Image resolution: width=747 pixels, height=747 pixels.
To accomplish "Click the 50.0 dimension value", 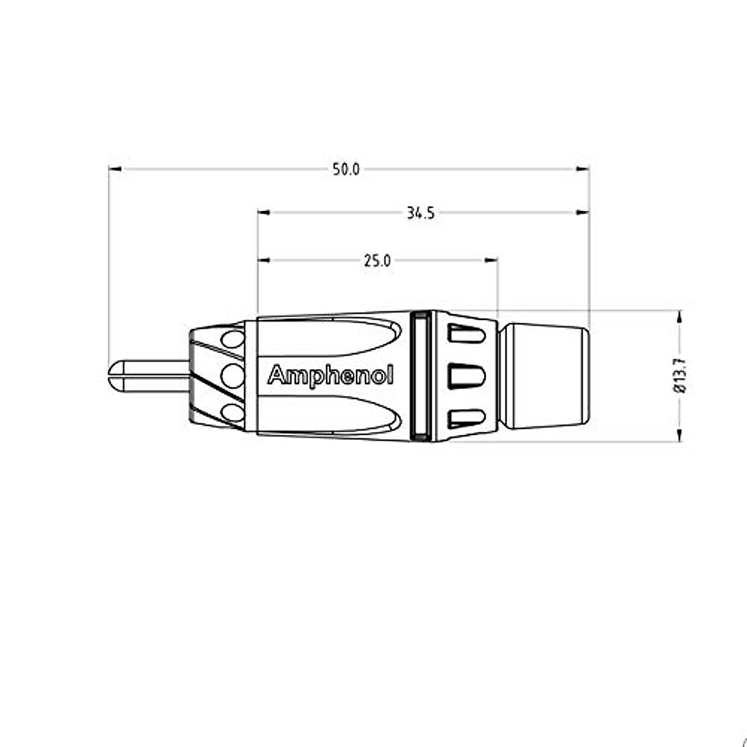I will tap(345, 169).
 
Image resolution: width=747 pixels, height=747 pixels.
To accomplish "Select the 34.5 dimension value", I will tap(421, 214).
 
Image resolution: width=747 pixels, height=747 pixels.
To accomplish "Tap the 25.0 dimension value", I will tap(377, 261).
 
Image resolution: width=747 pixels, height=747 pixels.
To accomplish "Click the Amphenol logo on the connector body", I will tap(330, 376).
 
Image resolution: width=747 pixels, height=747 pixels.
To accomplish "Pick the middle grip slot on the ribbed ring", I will tap(467, 376).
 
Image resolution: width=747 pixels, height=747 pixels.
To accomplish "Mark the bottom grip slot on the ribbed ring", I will tap(467, 416).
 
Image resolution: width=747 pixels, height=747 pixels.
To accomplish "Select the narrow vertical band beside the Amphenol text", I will tap(421, 376).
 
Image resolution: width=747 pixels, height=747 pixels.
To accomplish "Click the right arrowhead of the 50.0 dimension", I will tap(583, 169).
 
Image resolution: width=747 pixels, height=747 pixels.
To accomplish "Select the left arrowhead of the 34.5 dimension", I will tap(264, 213).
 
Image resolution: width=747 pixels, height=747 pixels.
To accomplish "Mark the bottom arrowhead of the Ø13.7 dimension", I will tap(679, 435).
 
